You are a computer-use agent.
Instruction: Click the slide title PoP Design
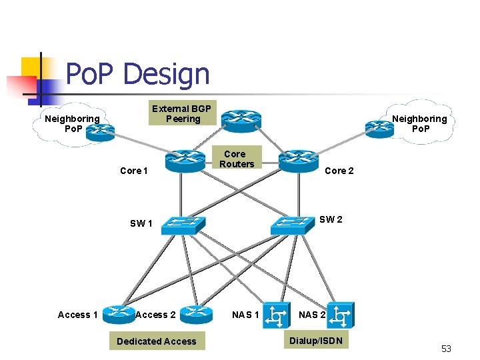[137, 74]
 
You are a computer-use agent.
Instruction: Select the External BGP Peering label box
[181, 113]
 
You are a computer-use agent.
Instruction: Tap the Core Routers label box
[237, 159]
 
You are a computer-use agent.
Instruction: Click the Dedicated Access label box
[156, 341]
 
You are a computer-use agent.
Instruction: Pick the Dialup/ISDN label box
[315, 341]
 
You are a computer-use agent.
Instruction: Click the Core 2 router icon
[299, 160]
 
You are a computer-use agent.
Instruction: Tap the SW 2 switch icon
[291, 224]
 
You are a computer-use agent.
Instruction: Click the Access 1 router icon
[119, 313]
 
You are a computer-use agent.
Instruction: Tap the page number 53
[446, 349]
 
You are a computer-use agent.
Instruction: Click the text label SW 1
[141, 223]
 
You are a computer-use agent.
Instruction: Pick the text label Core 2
[339, 171]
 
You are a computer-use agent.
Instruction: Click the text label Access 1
[78, 315]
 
